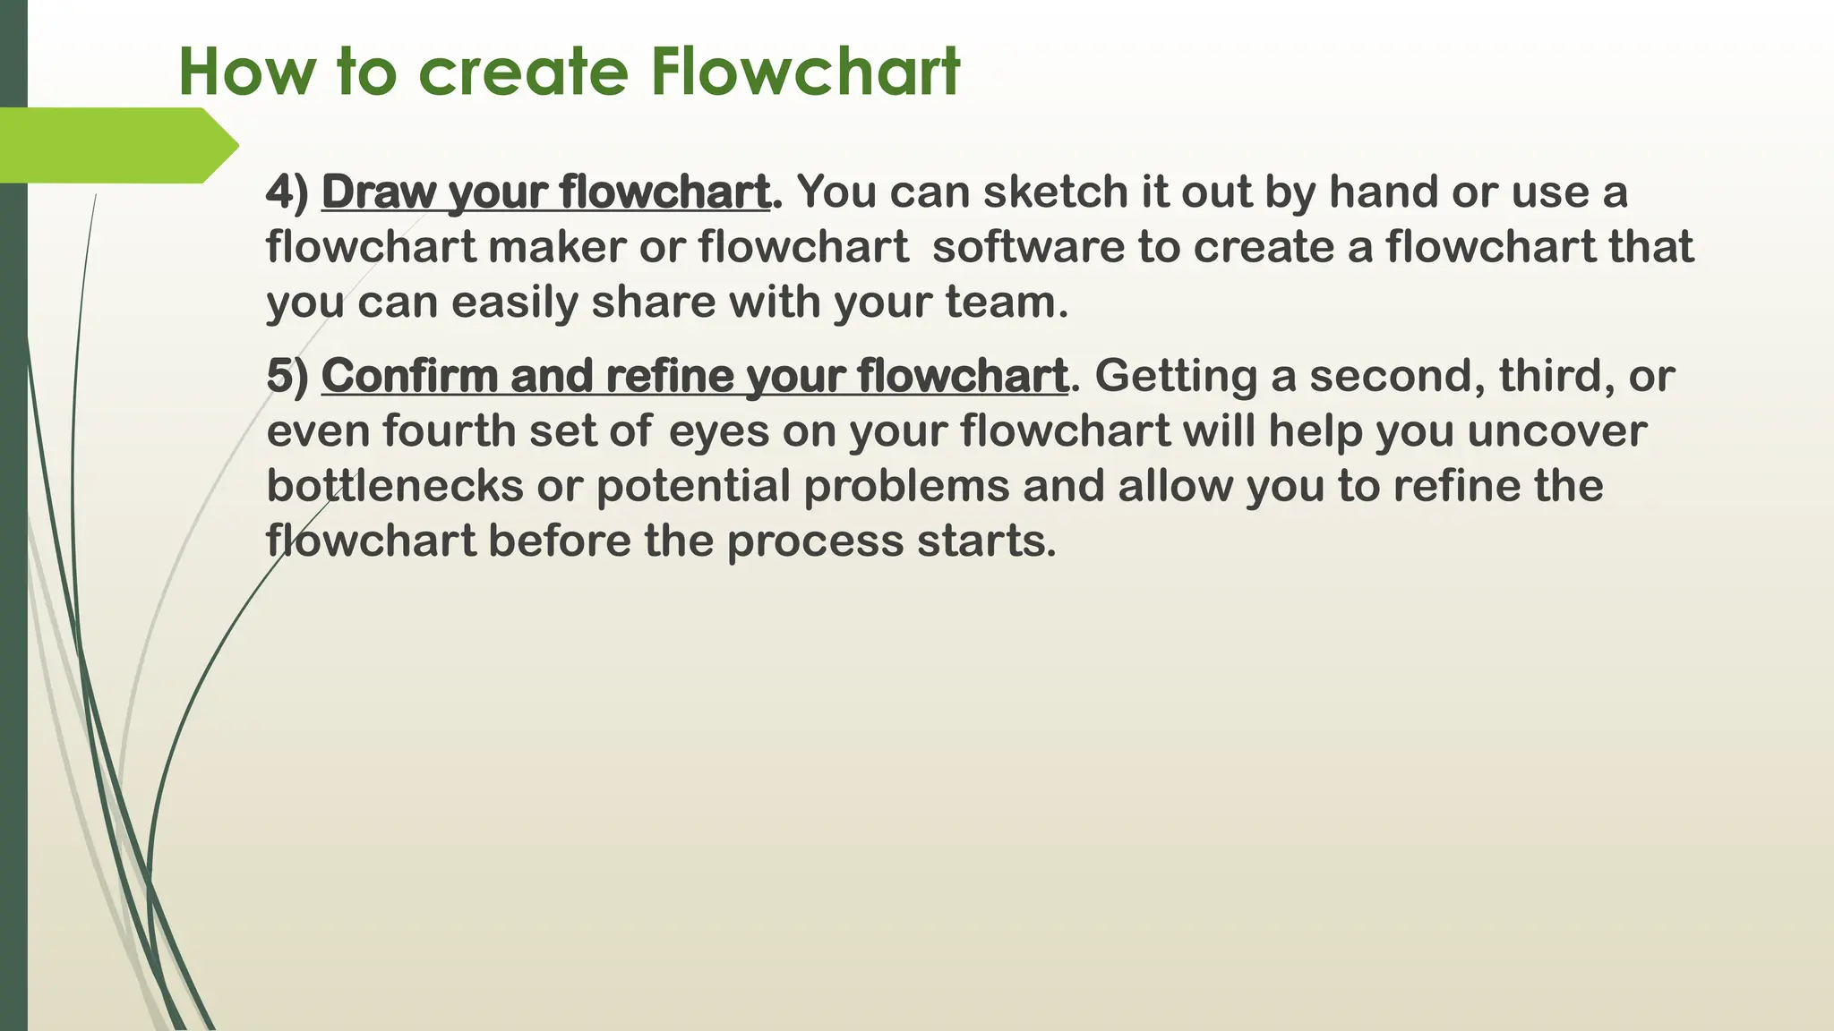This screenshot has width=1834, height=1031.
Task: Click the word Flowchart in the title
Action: (x=805, y=72)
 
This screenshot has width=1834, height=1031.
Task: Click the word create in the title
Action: (x=523, y=72)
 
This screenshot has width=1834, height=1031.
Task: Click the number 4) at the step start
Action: (x=287, y=192)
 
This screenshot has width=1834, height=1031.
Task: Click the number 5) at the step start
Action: (x=287, y=376)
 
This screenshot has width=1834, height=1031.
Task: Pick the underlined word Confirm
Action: (x=410, y=376)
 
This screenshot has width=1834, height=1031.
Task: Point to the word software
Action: (x=1028, y=247)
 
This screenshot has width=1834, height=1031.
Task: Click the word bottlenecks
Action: (x=395, y=486)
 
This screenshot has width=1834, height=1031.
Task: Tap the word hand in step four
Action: (x=1384, y=192)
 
